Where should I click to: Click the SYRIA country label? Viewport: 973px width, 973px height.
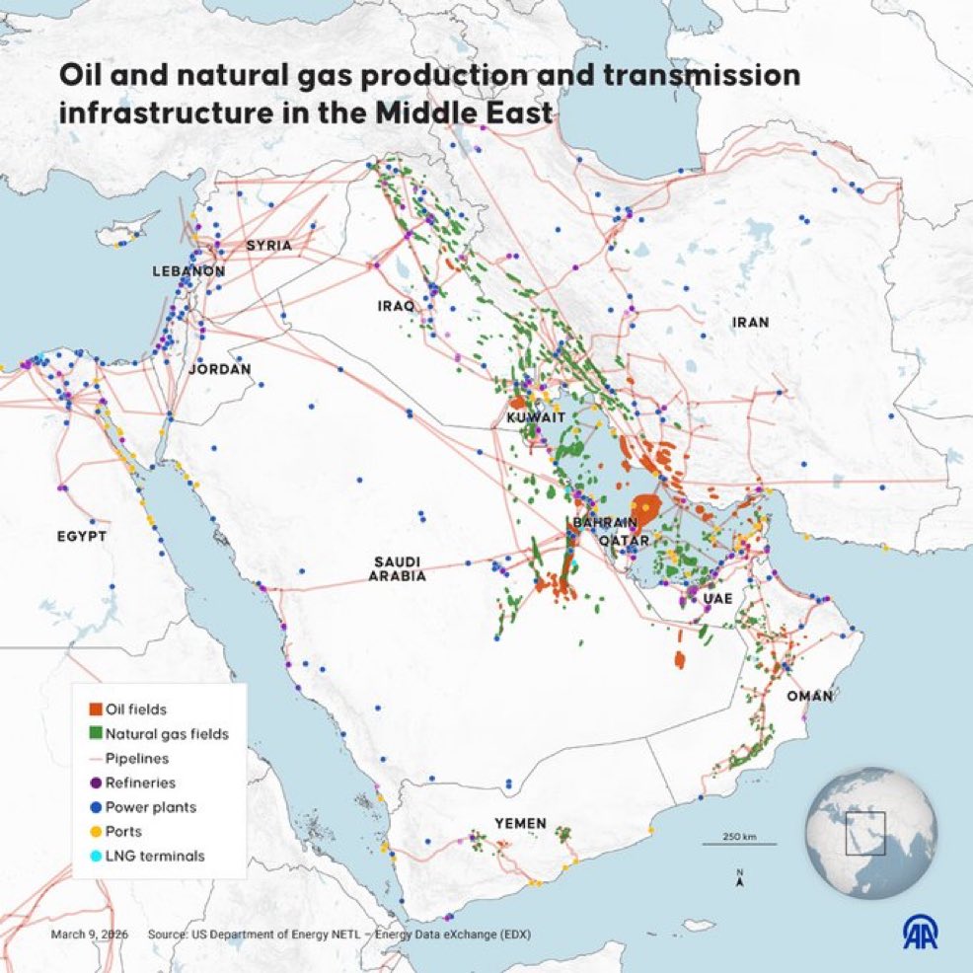tap(269, 245)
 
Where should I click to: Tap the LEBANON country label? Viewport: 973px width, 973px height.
tap(188, 270)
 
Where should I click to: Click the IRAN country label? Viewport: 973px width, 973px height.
tap(750, 322)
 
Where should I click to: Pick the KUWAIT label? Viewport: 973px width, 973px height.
tap(535, 418)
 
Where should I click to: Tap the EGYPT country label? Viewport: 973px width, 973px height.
tap(81, 536)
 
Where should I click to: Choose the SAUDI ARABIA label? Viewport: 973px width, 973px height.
tap(399, 568)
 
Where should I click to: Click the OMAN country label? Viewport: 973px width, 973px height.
tap(810, 696)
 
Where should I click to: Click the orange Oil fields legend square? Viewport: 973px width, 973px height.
tap(96, 709)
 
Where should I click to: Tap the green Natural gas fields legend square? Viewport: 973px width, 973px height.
tap(96, 733)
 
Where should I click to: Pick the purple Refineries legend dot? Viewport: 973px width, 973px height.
tap(96, 783)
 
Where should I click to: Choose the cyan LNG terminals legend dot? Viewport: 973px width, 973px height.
tap(96, 856)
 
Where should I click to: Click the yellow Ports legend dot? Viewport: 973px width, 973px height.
tap(96, 831)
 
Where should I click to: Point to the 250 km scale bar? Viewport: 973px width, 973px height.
tap(739, 844)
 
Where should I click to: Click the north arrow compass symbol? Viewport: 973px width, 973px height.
tap(739, 878)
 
